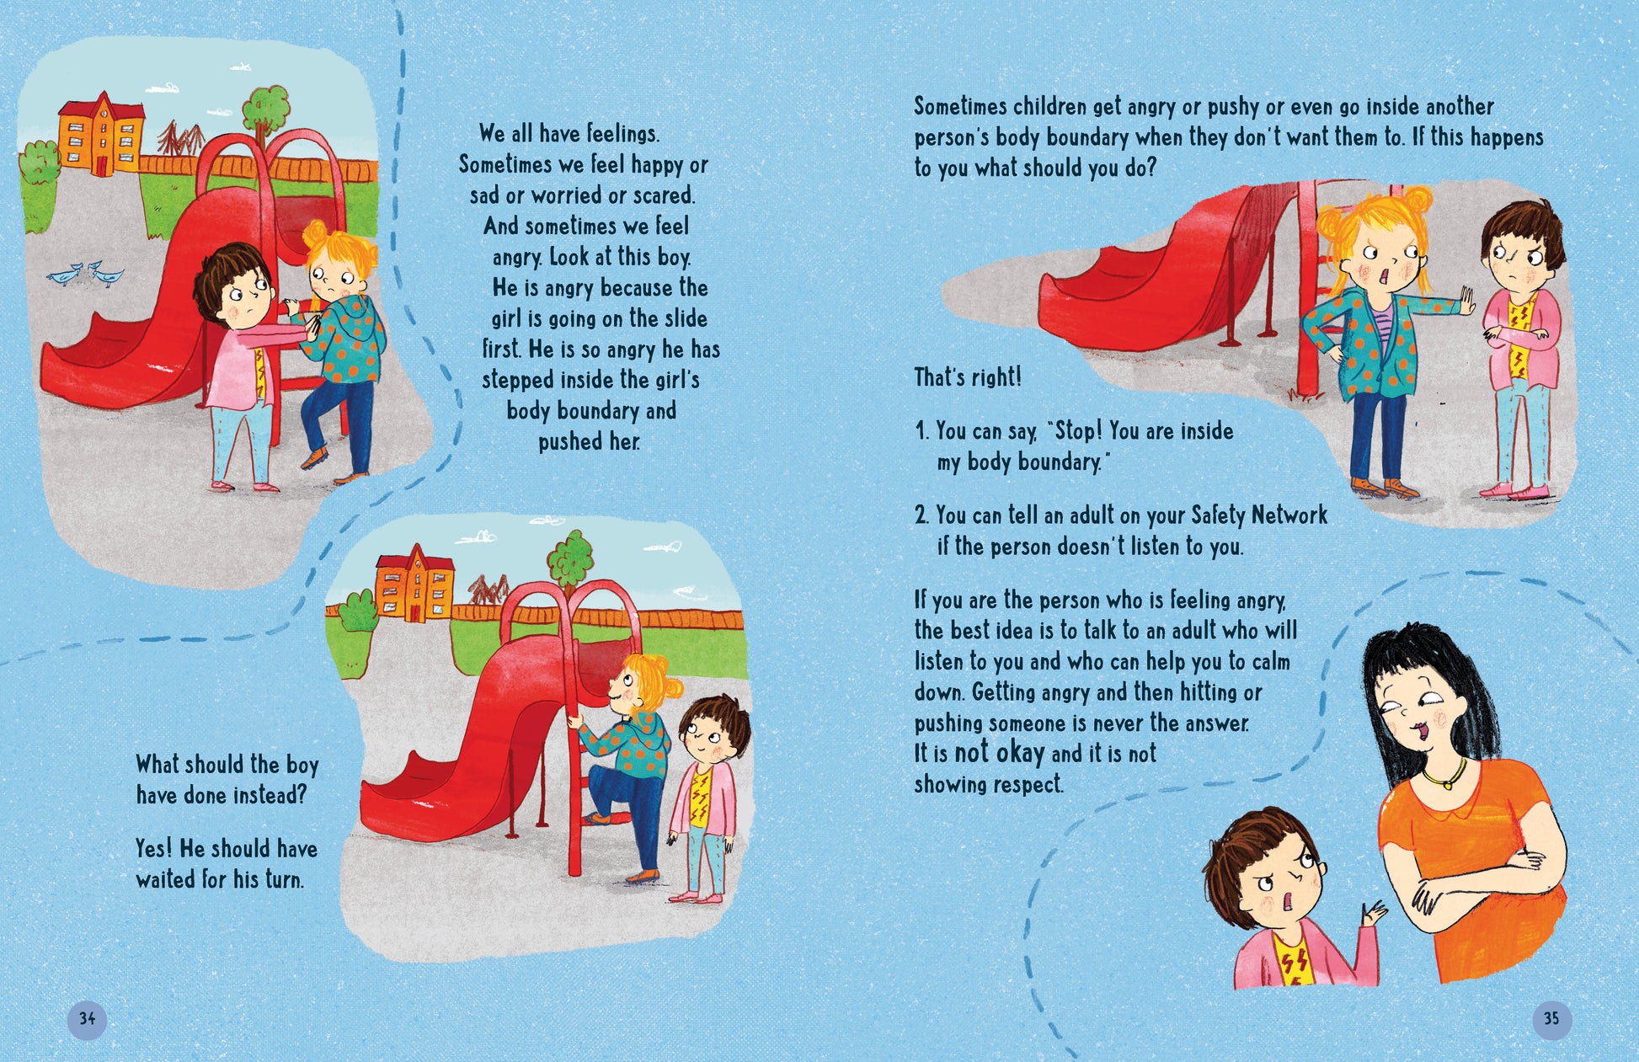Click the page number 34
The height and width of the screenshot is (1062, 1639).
87,1018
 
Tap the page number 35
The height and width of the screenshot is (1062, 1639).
1551,1018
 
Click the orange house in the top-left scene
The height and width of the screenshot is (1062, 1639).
100,135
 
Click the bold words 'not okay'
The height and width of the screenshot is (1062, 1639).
999,752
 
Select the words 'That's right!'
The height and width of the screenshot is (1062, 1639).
968,377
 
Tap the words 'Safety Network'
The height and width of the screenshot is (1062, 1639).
1258,515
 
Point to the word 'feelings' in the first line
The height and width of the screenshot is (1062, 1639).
623,134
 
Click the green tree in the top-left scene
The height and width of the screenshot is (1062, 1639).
267,107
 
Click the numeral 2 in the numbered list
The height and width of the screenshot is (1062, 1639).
921,515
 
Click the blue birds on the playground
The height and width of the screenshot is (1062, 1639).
87,274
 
